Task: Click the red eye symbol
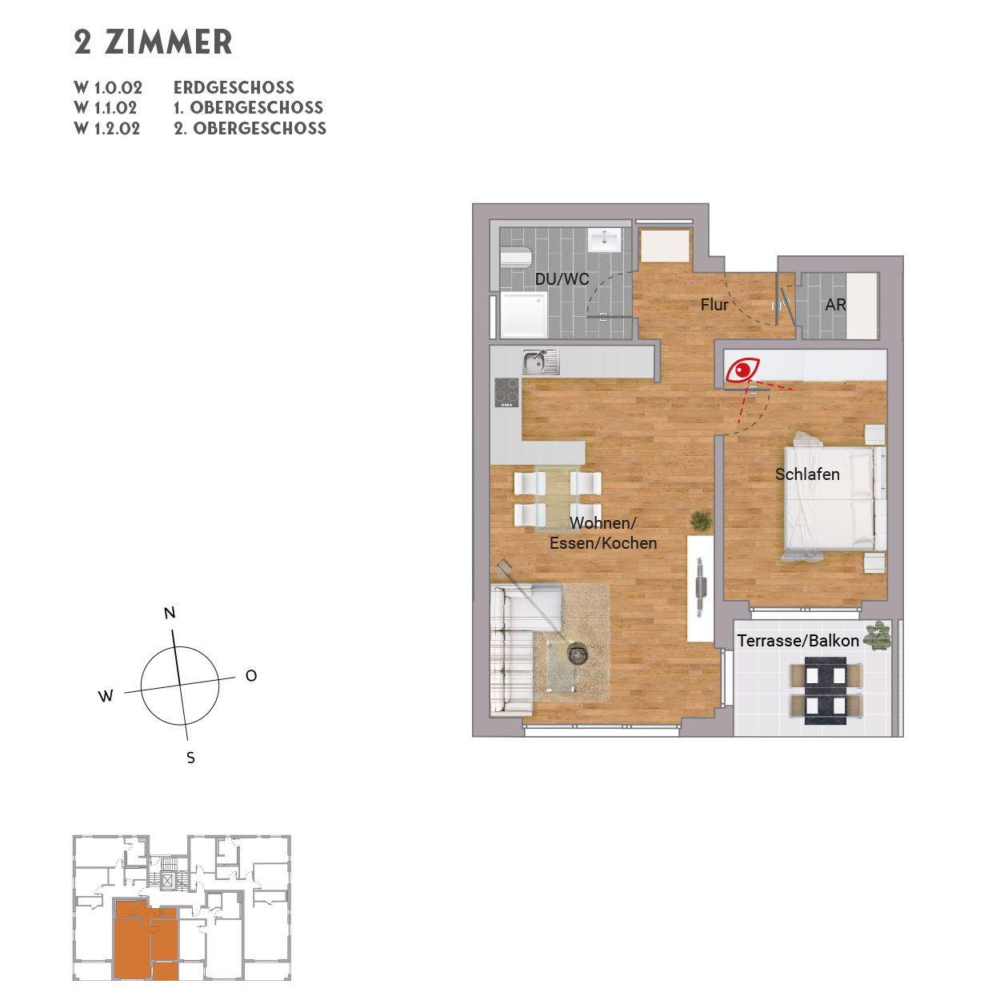coord(742,370)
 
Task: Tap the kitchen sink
coord(540,362)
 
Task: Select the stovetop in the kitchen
coord(506,393)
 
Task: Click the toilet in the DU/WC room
coord(516,258)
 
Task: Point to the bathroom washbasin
coord(604,239)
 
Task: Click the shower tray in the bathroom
coord(524,314)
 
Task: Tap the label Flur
coord(714,305)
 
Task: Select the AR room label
coord(835,305)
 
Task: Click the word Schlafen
coord(807,474)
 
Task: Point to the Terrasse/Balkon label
coord(798,641)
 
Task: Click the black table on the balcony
coord(825,690)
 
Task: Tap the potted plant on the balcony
coord(878,635)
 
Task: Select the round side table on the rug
coord(578,654)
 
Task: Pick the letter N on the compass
coord(170,613)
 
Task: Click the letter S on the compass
coord(190,758)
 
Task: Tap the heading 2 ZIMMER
coord(153,42)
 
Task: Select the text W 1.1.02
coord(106,108)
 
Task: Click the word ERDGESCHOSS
coord(234,87)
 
